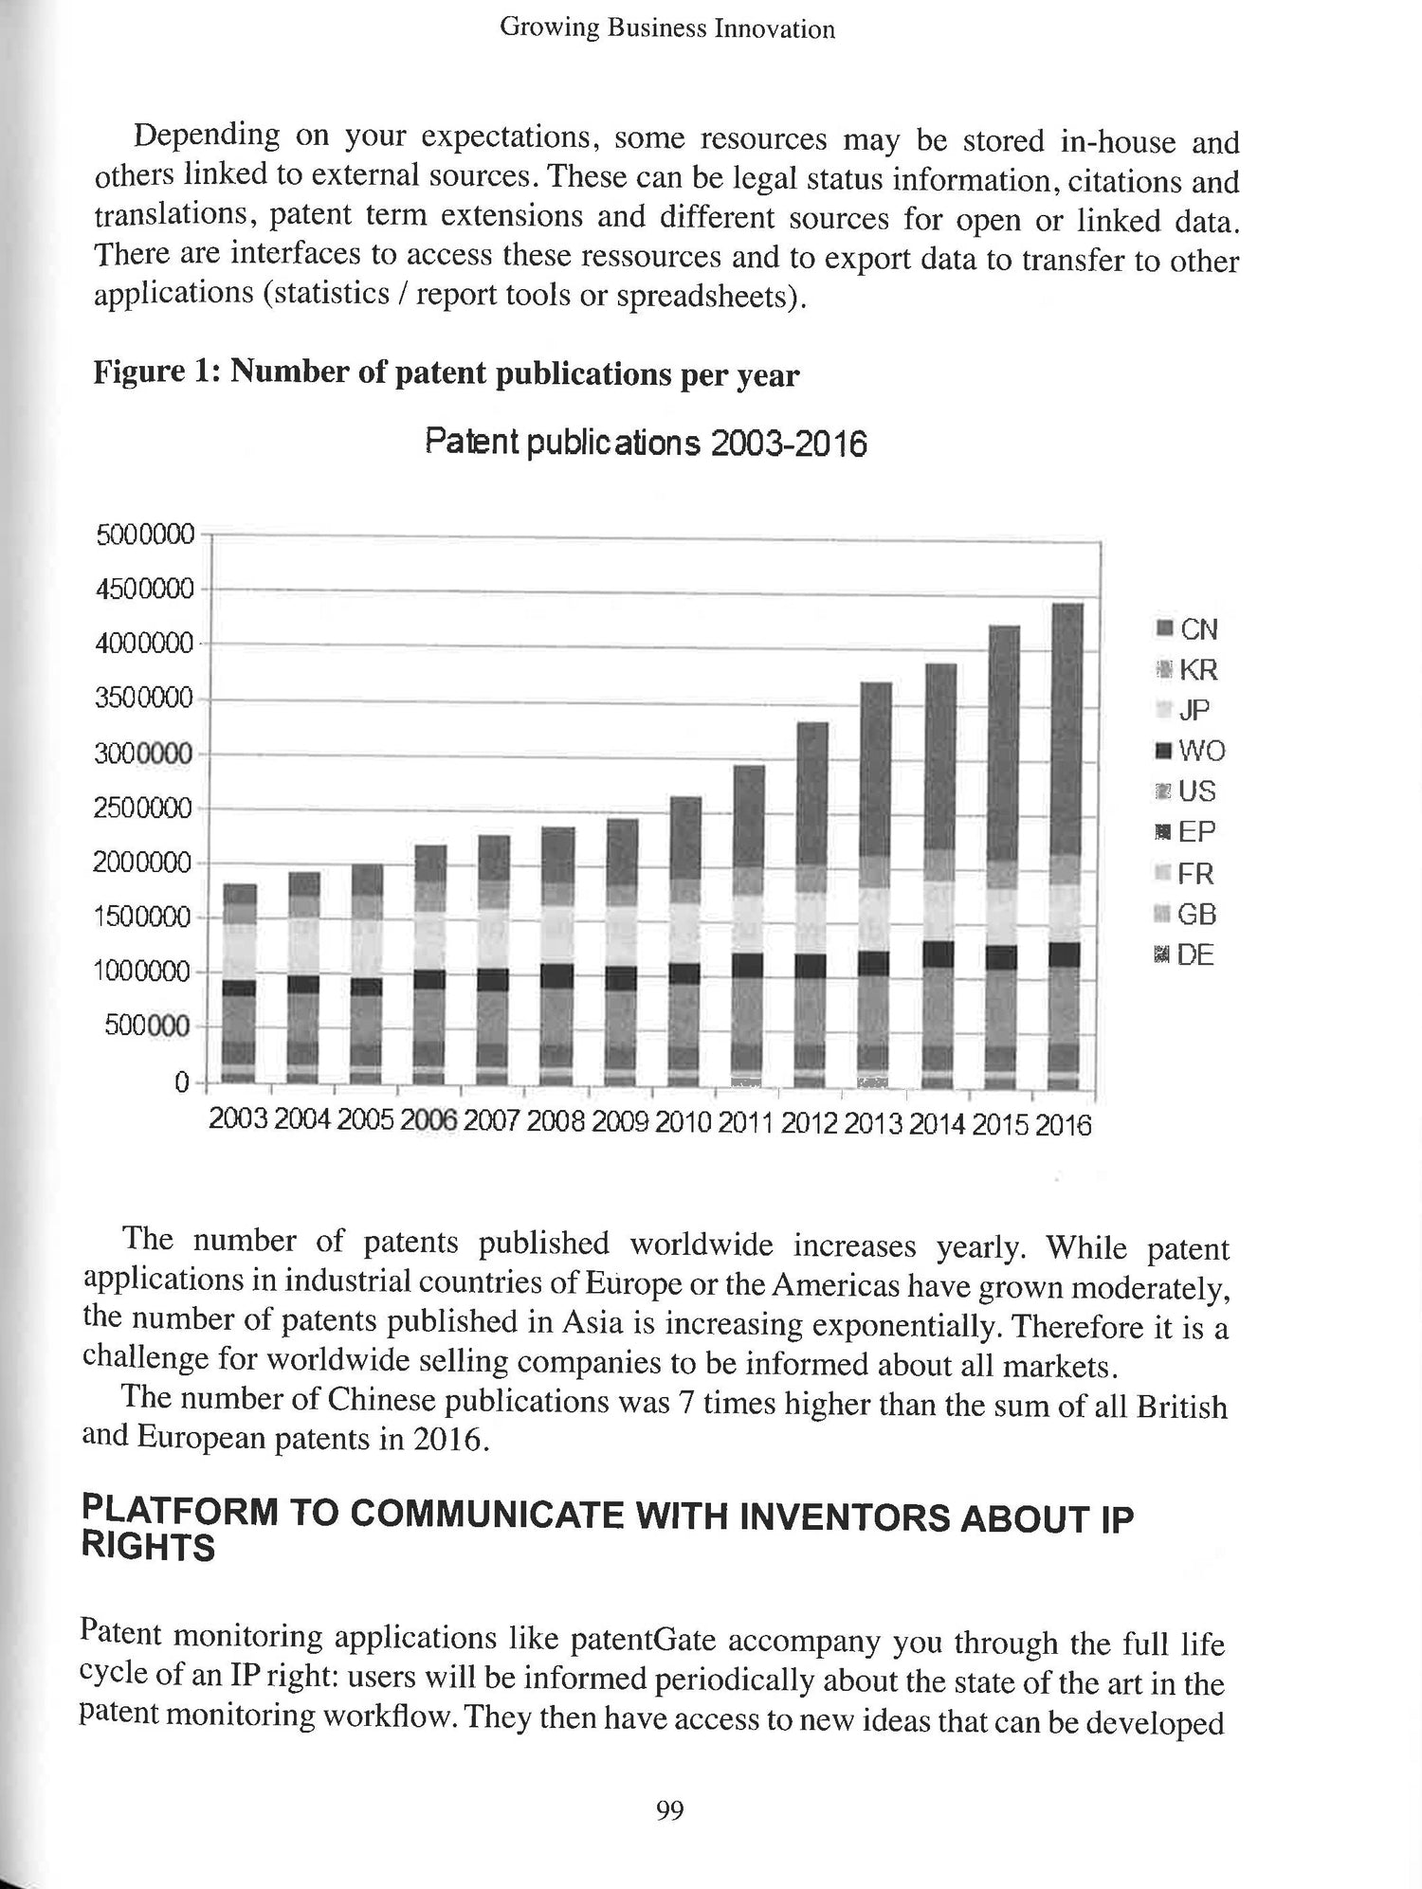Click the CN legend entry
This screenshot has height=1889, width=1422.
pos(1189,629)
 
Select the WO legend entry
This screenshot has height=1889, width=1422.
pos(1191,752)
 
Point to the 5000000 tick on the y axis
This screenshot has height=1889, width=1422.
pos(145,536)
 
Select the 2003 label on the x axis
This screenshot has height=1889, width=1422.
pos(239,1119)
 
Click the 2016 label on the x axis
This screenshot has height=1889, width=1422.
pos(1063,1125)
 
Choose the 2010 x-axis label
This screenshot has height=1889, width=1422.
pos(683,1122)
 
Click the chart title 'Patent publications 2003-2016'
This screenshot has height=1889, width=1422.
pos(645,444)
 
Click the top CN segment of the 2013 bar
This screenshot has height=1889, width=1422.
pos(877,770)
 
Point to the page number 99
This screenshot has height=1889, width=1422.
pos(669,1811)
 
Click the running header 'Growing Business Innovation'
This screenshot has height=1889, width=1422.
pos(667,28)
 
